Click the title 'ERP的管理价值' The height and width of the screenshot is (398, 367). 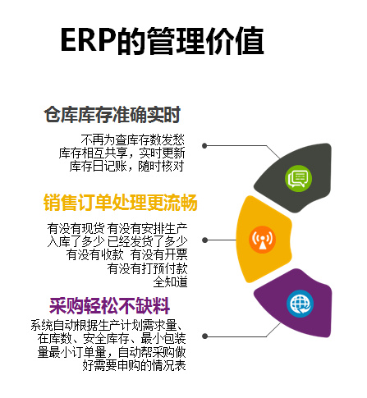tap(162, 40)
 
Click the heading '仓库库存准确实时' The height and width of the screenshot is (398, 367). tap(112, 115)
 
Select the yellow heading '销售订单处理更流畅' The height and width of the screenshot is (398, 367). tap(120, 203)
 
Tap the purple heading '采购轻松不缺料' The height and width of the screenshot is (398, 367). tap(109, 305)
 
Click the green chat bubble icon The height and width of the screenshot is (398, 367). tap(298, 178)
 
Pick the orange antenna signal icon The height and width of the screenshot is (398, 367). tap(262, 240)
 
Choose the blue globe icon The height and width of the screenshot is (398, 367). tap(300, 304)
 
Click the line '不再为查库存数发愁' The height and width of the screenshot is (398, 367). tap(133, 140)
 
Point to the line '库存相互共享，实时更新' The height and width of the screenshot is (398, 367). tap(122, 153)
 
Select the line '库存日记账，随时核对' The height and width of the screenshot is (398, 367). tap(126, 166)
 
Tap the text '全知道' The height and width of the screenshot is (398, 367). tap(170, 281)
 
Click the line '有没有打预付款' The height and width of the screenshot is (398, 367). tap(147, 268)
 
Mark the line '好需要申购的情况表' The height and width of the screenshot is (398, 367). tap(134, 365)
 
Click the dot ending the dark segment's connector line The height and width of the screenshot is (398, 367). tap(204, 145)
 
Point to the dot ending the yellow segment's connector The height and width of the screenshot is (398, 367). tap(204, 240)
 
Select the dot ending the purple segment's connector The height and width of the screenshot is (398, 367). tap(204, 336)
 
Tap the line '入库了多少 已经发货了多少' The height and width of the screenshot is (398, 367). tap(117, 241)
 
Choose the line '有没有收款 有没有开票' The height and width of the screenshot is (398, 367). tap(126, 254)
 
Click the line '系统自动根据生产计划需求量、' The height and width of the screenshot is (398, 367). tap(107, 325)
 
